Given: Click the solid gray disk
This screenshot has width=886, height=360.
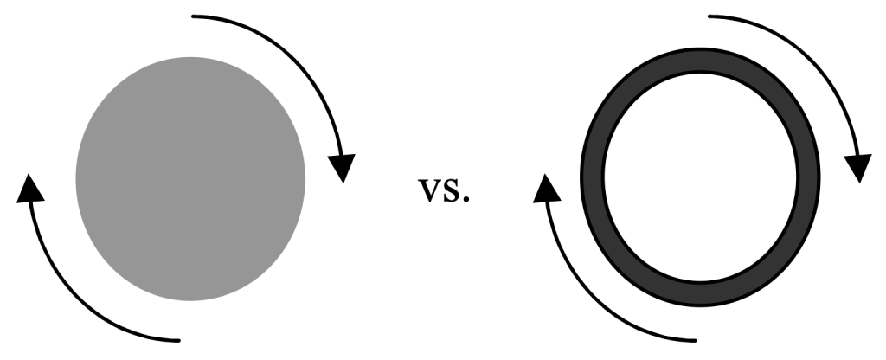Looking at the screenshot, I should tap(190, 178).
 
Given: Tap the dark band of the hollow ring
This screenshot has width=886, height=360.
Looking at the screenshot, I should tap(592, 179).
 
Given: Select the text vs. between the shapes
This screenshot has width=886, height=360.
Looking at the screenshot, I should tap(445, 191).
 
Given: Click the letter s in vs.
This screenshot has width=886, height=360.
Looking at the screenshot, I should tap(452, 192).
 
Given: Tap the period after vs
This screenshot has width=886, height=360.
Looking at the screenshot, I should tap(466, 199).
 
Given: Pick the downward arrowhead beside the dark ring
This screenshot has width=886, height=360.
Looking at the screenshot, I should tap(858, 168).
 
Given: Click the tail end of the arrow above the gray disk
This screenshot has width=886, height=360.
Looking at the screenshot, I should tap(194, 16).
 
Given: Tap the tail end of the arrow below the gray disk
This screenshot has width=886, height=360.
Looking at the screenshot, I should tap(178, 338).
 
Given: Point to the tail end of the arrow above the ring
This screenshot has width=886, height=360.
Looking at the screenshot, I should tap(710, 16).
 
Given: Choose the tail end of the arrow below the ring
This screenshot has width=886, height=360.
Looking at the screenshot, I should tap(695, 338).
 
